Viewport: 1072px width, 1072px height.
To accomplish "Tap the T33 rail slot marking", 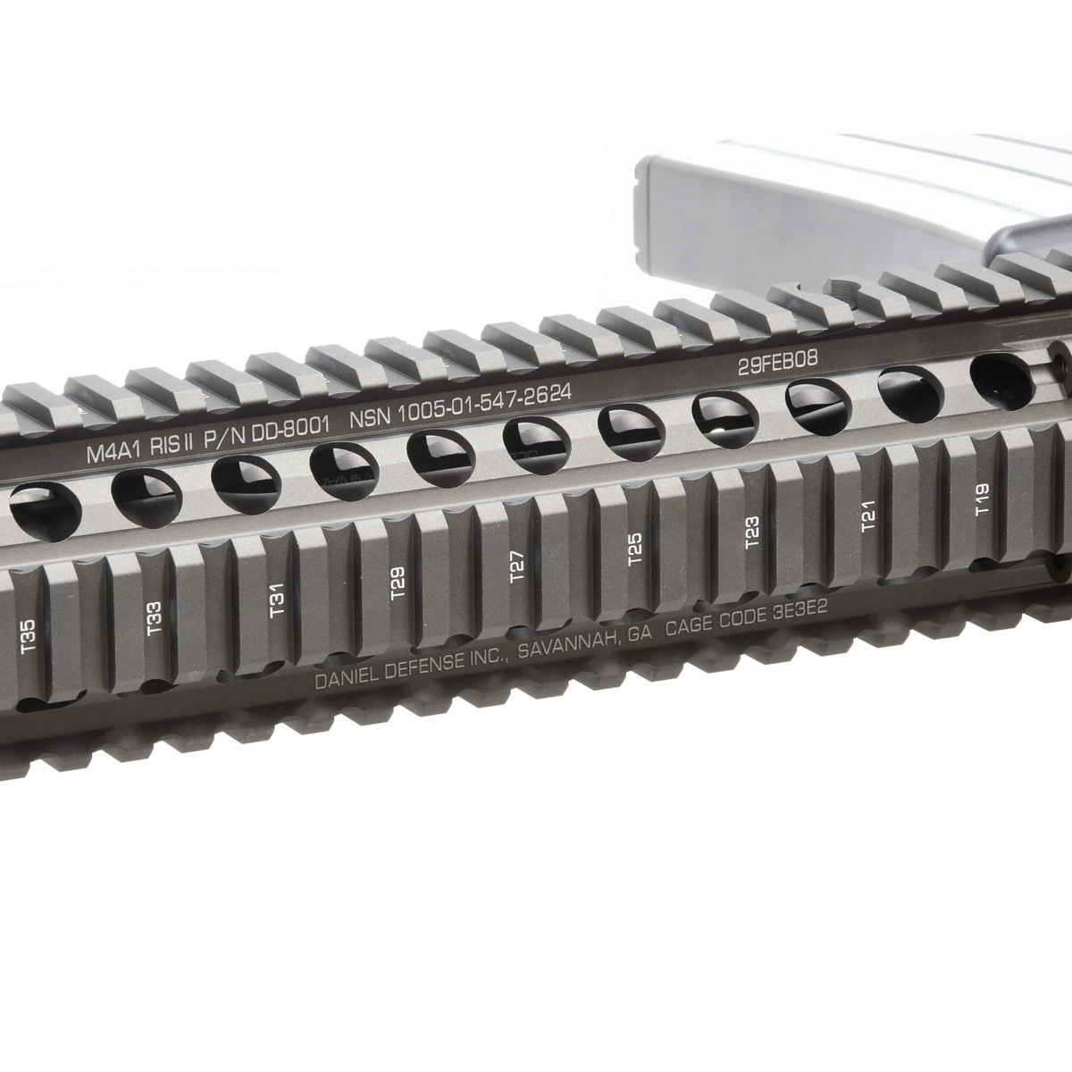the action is click(x=155, y=617).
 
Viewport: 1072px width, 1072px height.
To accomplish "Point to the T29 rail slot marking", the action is click(x=398, y=582).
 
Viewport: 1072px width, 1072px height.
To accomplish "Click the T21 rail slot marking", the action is click(x=868, y=517).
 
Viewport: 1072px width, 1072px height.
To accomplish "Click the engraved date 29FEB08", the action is click(x=777, y=364).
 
